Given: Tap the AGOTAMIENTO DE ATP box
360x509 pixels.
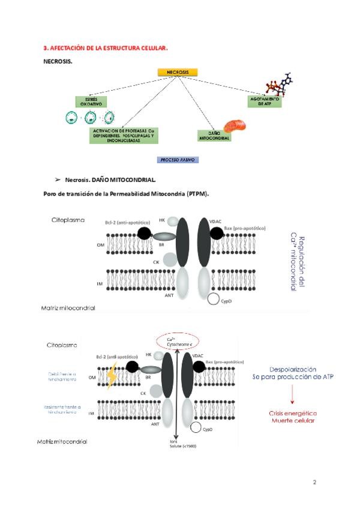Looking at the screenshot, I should coord(265,101).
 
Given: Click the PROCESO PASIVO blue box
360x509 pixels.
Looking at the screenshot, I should coord(178,160).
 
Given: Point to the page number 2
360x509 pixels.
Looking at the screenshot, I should coord(314,483).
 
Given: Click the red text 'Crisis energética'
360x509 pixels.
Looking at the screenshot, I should coord(293,414).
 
